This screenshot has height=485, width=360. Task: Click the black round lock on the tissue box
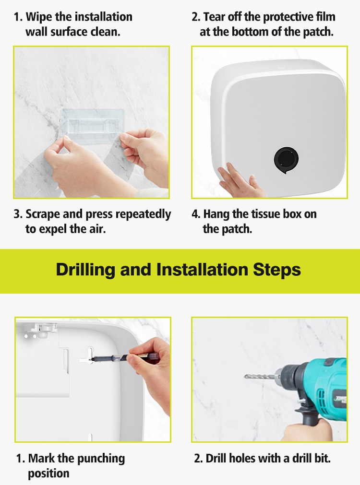286,160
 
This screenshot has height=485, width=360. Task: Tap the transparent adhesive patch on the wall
92,124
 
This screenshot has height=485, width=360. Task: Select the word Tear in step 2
215,17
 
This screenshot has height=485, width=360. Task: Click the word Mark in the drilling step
41,459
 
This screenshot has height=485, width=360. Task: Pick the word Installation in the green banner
203,270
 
